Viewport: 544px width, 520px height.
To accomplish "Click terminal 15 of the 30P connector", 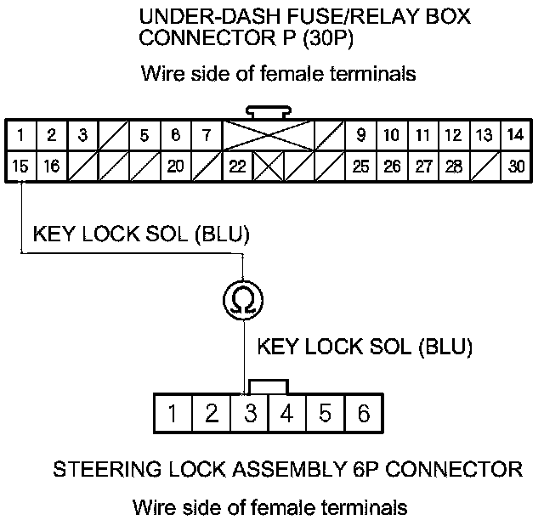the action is (x=20, y=166).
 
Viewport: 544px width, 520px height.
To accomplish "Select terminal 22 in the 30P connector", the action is (x=238, y=166).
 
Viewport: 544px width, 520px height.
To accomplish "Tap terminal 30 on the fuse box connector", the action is (x=516, y=166).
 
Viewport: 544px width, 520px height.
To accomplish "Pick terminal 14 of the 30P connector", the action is (x=516, y=135).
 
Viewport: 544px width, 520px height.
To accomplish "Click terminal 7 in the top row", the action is (x=207, y=135).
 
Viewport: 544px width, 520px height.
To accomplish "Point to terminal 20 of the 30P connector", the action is (x=176, y=166).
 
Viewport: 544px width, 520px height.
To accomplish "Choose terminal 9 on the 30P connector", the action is (x=361, y=135).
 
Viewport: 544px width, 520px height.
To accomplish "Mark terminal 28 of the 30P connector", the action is (x=454, y=166).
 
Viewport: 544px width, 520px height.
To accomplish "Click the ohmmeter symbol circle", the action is (x=243, y=300).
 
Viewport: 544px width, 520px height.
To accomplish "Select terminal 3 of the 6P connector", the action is (x=250, y=413).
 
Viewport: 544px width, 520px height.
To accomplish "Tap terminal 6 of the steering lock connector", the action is (x=364, y=413).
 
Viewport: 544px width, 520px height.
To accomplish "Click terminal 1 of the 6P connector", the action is (x=173, y=413).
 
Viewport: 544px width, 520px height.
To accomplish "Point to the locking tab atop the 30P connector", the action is (x=269, y=112).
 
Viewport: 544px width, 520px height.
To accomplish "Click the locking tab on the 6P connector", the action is (x=269, y=387).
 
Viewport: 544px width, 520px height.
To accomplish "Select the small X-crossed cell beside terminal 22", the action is (x=269, y=166).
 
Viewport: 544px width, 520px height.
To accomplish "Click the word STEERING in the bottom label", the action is (x=107, y=469).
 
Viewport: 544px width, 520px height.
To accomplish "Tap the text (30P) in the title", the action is (x=328, y=37).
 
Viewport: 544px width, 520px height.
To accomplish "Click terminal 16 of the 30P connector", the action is (x=52, y=166).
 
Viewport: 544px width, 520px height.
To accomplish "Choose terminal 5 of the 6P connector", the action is (x=326, y=413).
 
